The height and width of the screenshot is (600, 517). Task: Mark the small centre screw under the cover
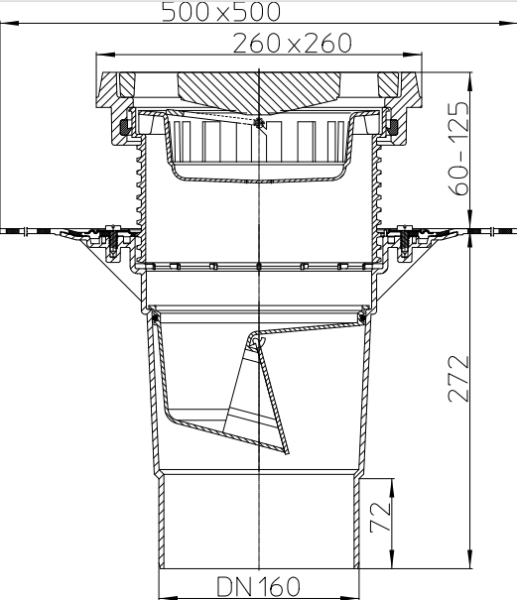pos(258,124)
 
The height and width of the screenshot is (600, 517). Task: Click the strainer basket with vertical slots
pos(258,149)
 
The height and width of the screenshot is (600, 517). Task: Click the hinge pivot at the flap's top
pos(256,341)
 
